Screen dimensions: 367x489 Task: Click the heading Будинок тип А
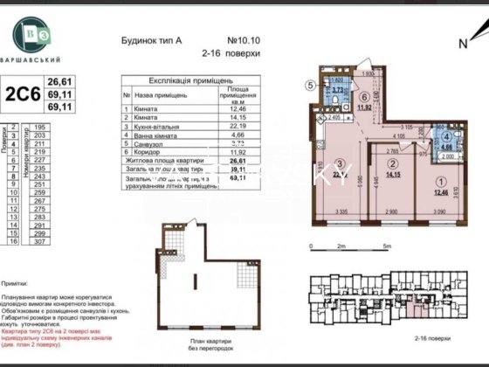pos(146,40)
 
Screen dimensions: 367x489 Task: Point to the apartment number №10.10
pos(244,40)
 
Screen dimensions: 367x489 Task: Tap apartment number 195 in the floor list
pos(39,128)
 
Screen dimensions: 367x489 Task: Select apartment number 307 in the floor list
pos(39,240)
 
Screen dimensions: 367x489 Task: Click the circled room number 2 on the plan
pos(393,164)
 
